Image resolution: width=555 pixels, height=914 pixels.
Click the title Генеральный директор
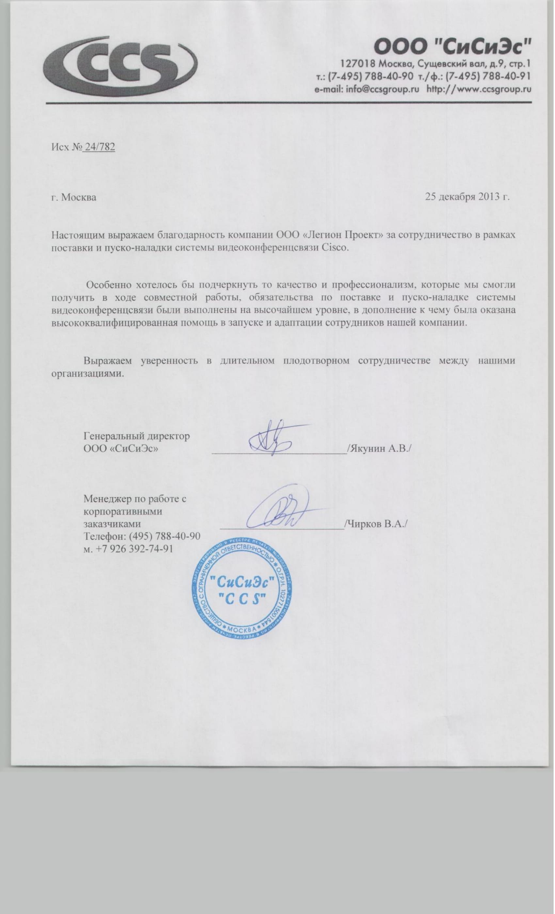(x=137, y=435)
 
